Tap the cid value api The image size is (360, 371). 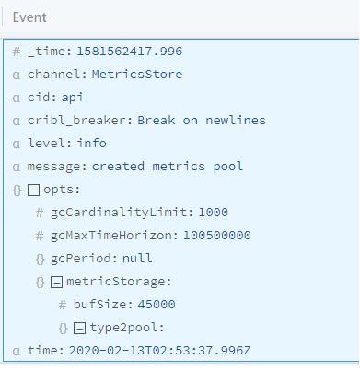(x=73, y=97)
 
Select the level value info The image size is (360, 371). (x=91, y=143)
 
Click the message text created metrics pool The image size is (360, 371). (x=168, y=166)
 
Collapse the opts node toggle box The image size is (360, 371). (x=33, y=189)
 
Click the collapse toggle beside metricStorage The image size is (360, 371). (x=56, y=281)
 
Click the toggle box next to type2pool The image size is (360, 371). (x=80, y=327)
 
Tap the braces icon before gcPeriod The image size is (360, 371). (x=41, y=258)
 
